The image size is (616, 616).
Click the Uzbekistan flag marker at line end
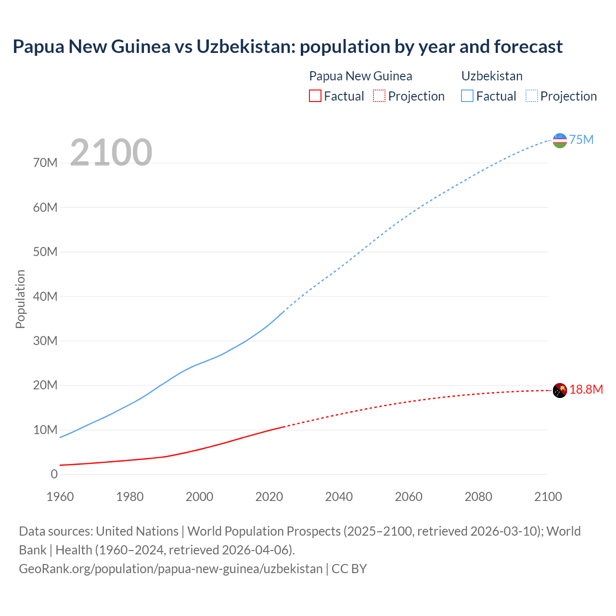(560, 141)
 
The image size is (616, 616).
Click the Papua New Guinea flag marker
(560, 390)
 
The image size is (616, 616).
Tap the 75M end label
(581, 140)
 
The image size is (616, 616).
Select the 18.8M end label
(586, 389)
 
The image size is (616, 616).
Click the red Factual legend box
(315, 96)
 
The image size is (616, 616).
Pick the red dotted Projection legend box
(379, 96)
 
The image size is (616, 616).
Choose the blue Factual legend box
(467, 96)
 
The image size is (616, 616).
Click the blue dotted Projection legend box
(532, 96)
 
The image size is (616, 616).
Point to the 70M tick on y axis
(45, 163)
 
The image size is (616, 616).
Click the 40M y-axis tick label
(45, 296)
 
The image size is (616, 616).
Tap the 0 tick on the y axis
(54, 474)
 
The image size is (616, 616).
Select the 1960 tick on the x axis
(60, 497)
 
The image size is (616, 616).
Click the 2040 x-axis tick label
(339, 497)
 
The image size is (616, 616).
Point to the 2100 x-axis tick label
(548, 497)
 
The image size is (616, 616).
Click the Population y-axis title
(20, 299)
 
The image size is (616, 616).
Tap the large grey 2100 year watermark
(111, 153)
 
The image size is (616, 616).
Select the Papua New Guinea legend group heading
(360, 76)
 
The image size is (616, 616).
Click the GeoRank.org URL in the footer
(170, 568)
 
